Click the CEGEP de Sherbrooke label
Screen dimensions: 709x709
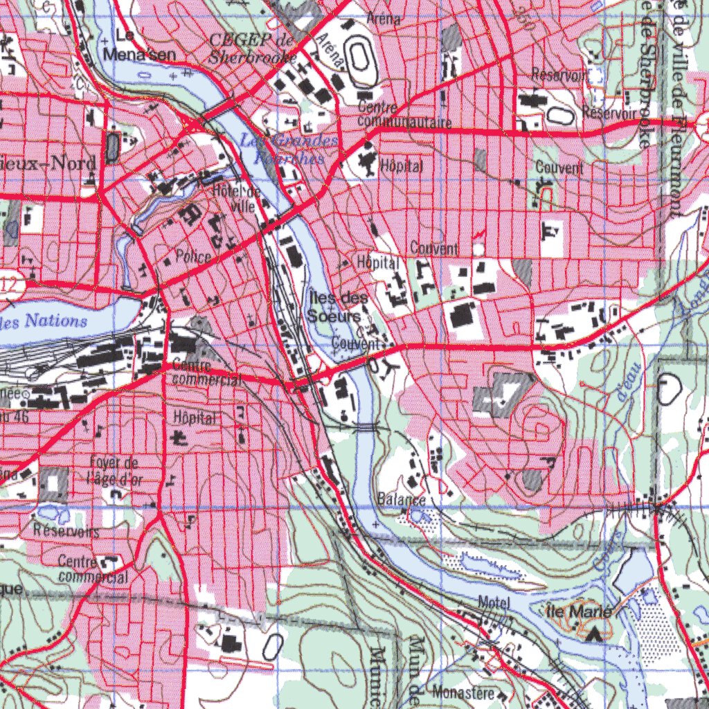pos(253,48)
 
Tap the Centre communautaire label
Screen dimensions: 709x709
pos(405,116)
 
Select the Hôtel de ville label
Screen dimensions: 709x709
pos(237,198)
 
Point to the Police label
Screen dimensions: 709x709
pos(193,257)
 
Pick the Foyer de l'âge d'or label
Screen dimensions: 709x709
pos(113,469)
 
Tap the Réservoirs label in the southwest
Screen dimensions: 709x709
pos(66,532)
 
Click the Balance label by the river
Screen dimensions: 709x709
pos(402,499)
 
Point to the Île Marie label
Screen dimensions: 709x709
pos(579,611)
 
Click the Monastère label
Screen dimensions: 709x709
pos(463,692)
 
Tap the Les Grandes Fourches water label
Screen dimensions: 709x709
pos(289,149)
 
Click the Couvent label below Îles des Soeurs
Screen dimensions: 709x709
pos(357,343)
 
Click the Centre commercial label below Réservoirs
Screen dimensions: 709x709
pos(93,568)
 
